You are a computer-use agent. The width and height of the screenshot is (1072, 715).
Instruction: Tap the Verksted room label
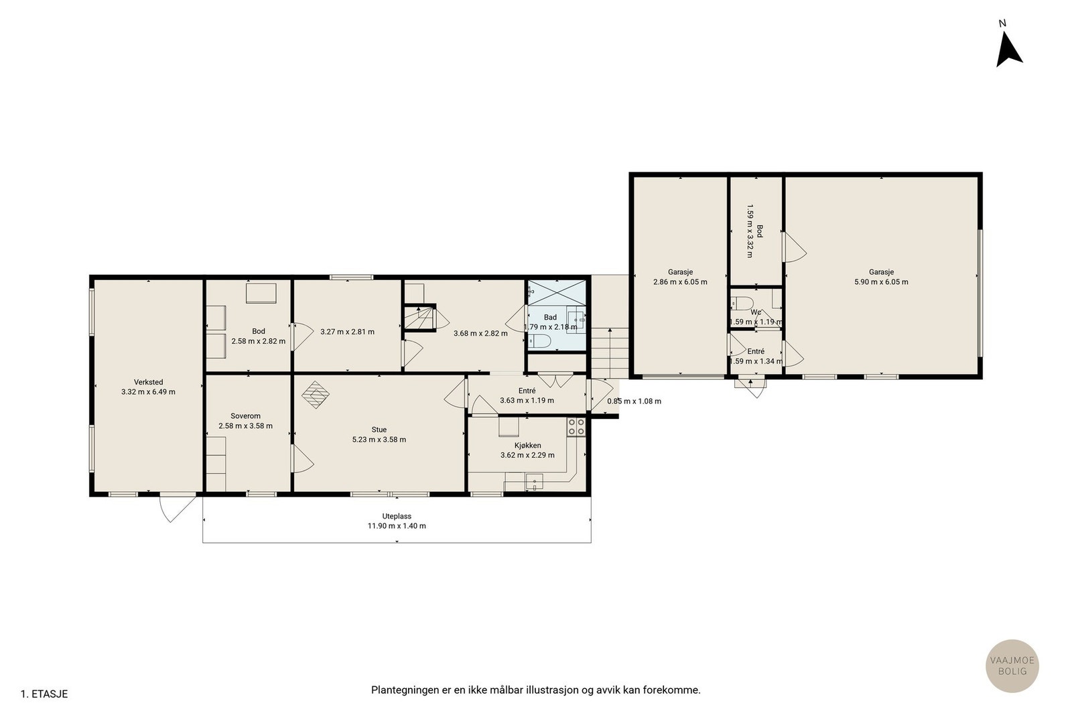point(148,382)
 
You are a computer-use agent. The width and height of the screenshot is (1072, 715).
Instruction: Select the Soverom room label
point(245,416)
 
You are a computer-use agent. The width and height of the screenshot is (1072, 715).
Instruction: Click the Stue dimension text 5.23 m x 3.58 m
point(379,440)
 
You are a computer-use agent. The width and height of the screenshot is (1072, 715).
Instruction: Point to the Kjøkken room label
point(527,445)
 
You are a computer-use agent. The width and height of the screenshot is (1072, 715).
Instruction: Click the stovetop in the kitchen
point(576,426)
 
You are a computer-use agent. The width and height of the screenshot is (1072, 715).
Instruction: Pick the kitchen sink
point(534,481)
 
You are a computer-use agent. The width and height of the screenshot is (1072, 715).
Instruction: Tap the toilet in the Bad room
point(539,341)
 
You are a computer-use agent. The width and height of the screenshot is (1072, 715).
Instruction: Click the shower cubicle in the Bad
point(557,292)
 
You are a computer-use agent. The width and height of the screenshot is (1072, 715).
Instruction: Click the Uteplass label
point(397,516)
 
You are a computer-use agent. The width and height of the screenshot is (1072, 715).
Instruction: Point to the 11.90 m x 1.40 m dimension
point(397,525)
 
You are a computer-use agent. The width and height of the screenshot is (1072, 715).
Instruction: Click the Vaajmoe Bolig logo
point(1012,665)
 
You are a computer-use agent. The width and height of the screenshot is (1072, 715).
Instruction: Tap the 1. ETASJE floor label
point(44,694)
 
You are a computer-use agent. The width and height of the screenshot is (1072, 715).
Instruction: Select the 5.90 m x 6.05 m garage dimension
point(881,282)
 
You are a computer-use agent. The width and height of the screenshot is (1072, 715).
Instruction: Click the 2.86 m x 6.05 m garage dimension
point(680,282)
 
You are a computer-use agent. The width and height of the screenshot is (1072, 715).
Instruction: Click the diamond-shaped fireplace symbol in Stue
point(316,394)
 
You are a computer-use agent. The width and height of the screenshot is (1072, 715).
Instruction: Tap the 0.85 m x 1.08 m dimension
point(634,401)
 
